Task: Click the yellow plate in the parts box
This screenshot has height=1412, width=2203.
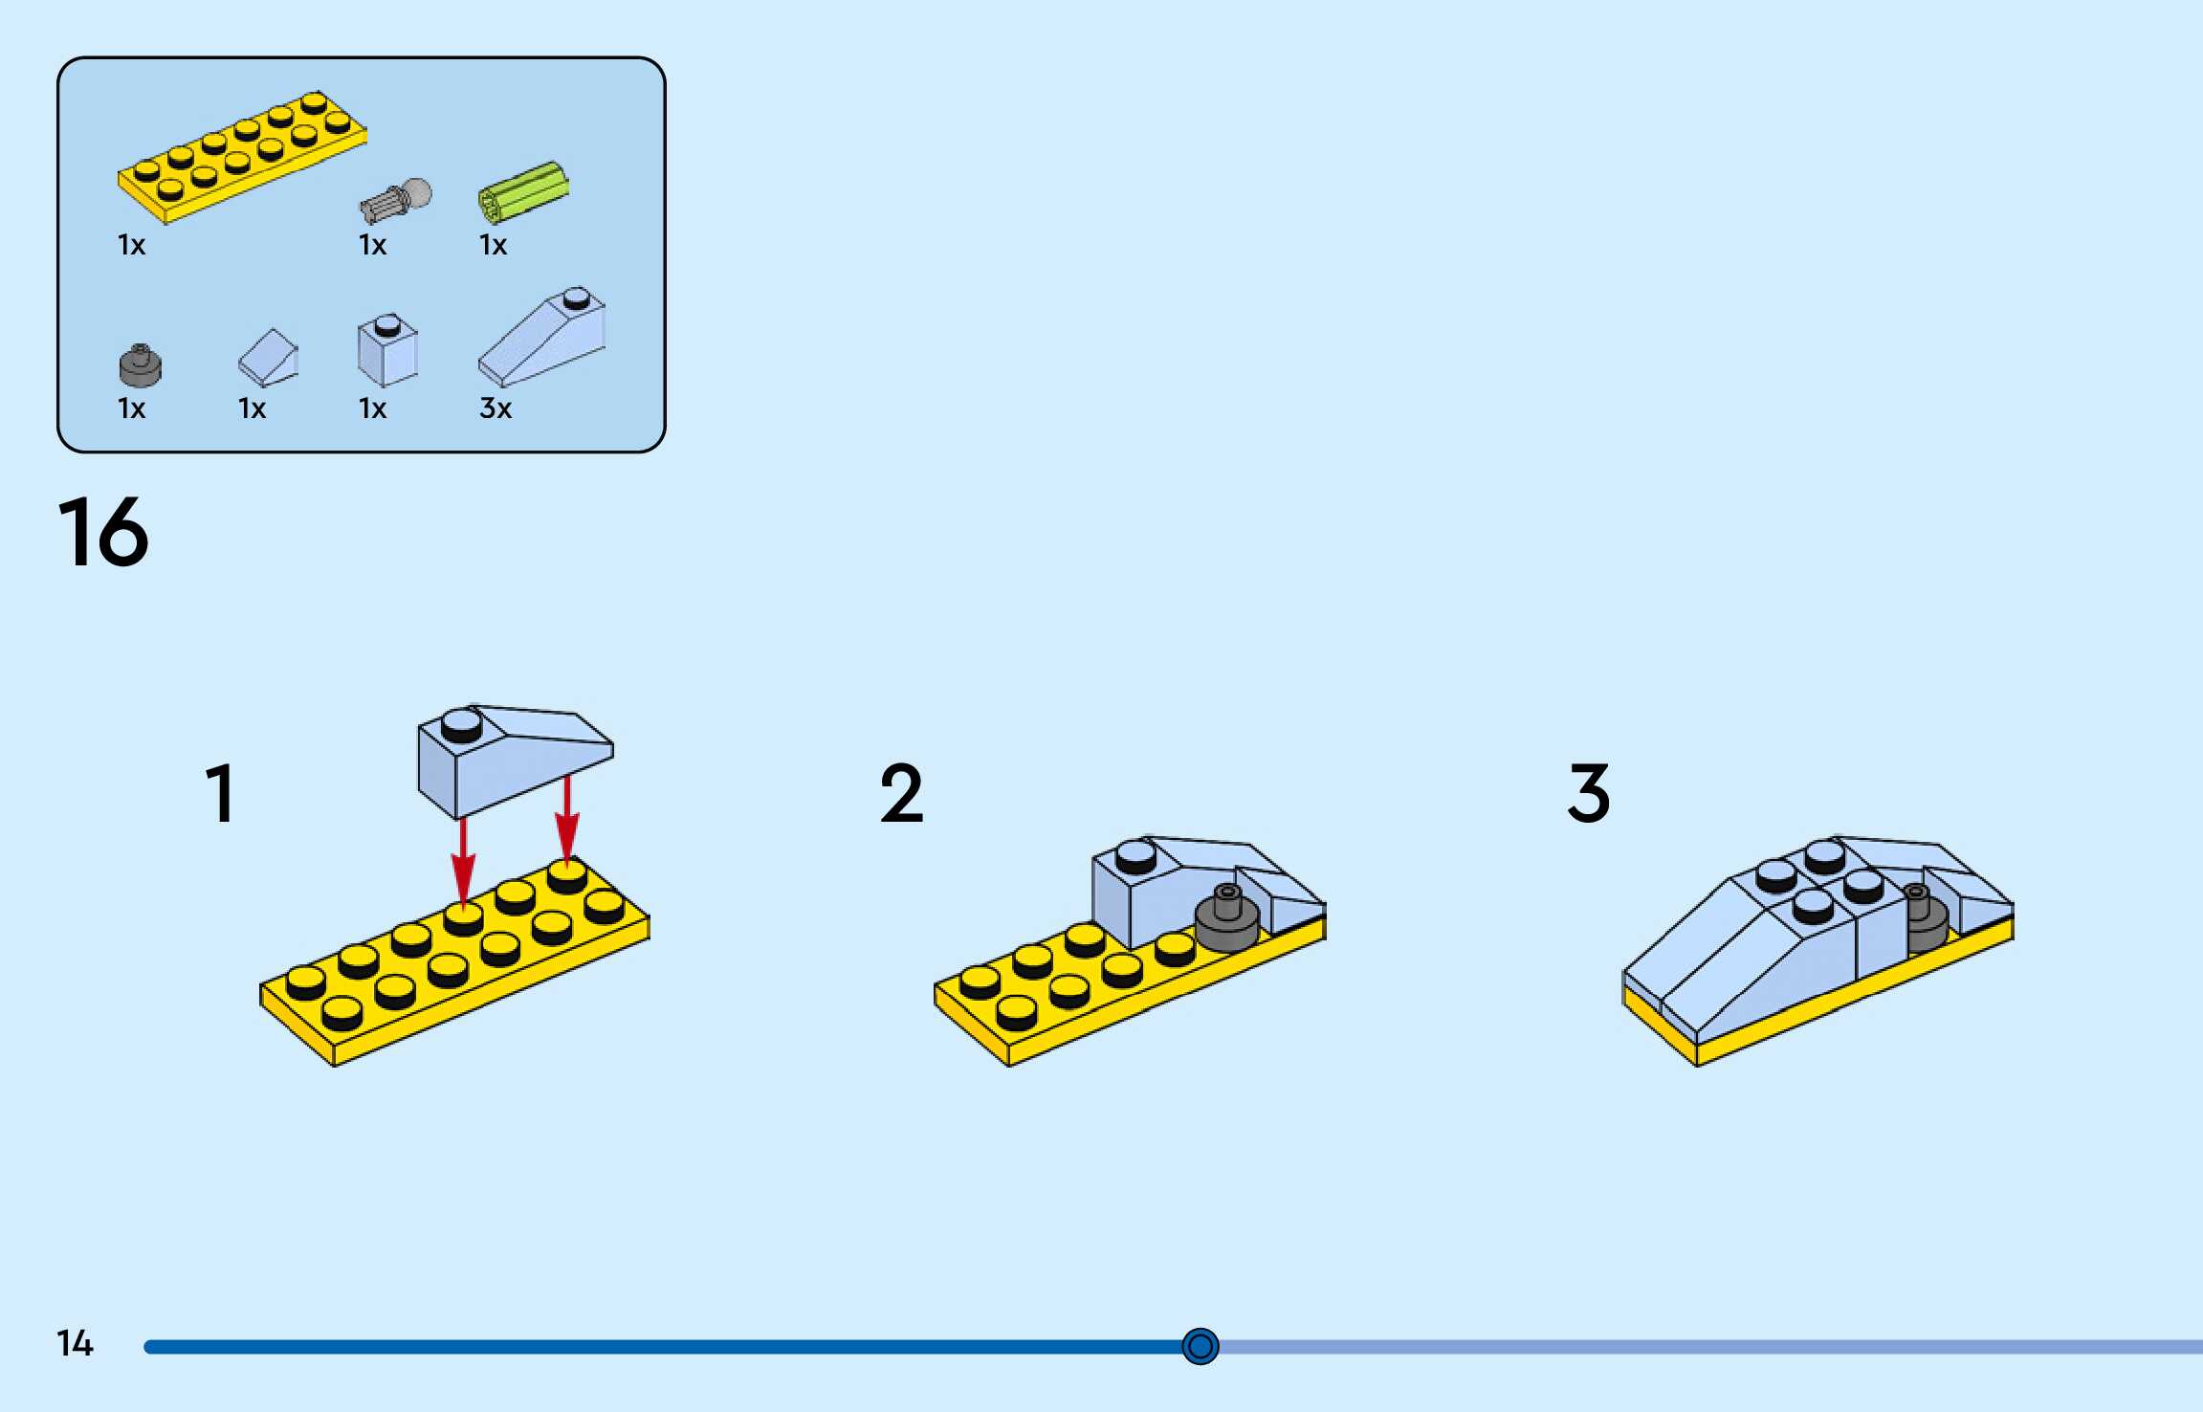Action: pyautogui.click(x=241, y=158)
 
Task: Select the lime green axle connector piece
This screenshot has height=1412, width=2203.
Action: pyautogui.click(x=523, y=191)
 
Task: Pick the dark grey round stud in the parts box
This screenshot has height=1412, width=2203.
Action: pyautogui.click(x=140, y=364)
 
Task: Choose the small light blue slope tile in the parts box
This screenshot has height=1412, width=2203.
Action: pyautogui.click(x=269, y=358)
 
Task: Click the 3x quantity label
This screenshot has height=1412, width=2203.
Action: pyautogui.click(x=496, y=408)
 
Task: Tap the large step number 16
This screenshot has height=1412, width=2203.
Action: pyautogui.click(x=103, y=532)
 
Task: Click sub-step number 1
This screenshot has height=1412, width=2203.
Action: pyautogui.click(x=220, y=793)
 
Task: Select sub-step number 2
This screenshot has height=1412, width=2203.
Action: pyautogui.click(x=901, y=793)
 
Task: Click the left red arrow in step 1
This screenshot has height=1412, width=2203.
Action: pyautogui.click(x=463, y=861)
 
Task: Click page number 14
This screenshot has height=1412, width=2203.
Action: pyautogui.click(x=75, y=1344)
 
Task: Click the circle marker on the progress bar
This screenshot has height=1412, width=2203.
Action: pyautogui.click(x=1200, y=1346)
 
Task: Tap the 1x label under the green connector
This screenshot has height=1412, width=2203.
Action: pyautogui.click(x=493, y=245)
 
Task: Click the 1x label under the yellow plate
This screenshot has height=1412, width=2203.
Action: pyautogui.click(x=131, y=245)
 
